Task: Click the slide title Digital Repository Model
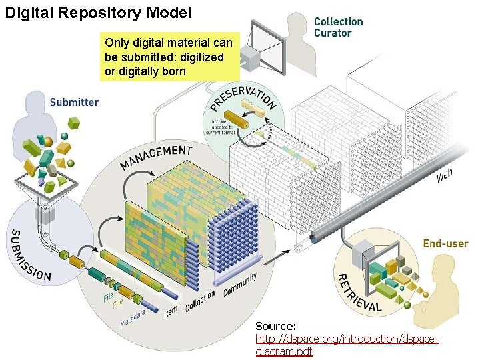99,12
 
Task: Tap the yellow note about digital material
171,57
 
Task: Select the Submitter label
74,102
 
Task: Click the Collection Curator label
338,27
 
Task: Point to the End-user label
445,244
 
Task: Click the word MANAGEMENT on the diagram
157,157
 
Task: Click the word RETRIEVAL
358,294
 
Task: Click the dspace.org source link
347,345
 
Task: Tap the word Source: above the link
276,326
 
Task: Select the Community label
240,285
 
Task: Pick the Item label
171,309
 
